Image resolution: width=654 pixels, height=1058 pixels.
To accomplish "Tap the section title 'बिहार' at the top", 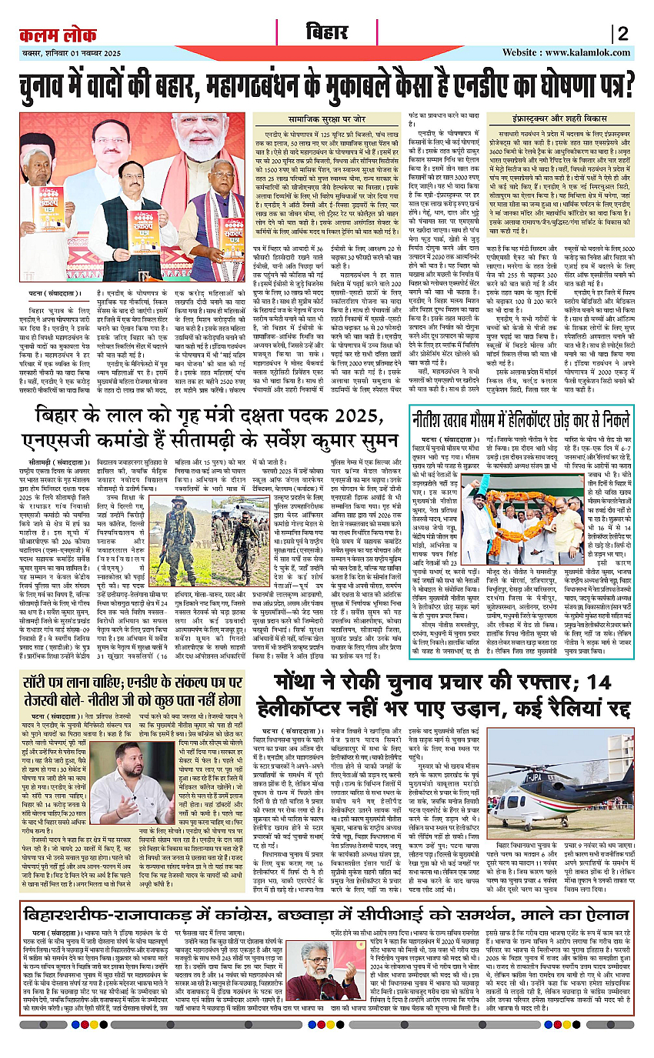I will coord(327,33).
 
